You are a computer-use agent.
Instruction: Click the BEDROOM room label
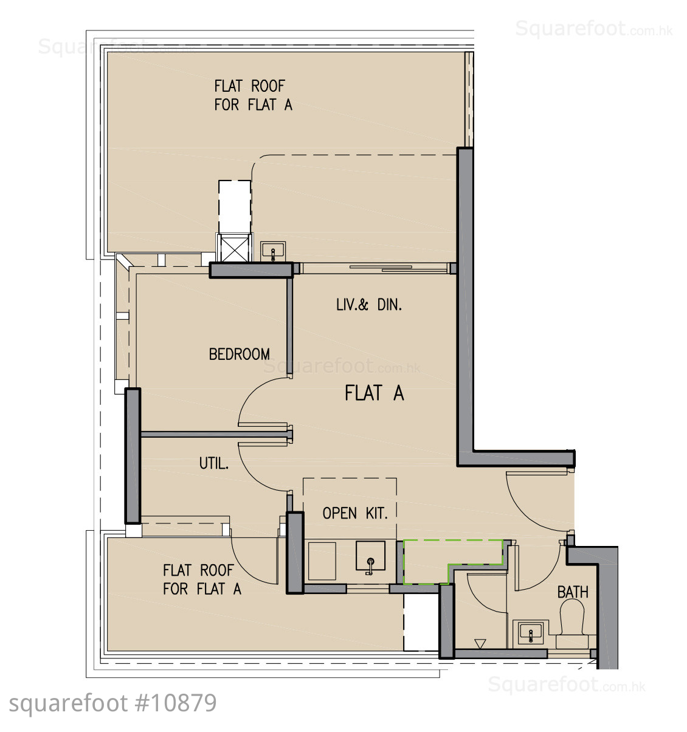[240, 354]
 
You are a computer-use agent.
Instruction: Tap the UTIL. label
[214, 463]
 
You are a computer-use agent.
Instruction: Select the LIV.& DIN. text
[369, 305]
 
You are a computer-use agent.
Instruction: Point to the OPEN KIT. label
[355, 513]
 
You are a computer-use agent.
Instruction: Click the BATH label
[572, 592]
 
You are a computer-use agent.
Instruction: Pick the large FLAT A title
[375, 393]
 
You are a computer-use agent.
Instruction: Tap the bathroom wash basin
[531, 633]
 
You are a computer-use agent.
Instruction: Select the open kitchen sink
[370, 557]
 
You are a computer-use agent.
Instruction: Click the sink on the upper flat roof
[273, 251]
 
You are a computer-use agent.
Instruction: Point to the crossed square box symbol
[234, 248]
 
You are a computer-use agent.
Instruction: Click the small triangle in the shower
[480, 644]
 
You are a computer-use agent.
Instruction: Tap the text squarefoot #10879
[112, 703]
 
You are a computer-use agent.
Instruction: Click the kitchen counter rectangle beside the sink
[322, 561]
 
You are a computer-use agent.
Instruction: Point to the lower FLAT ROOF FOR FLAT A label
[202, 580]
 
